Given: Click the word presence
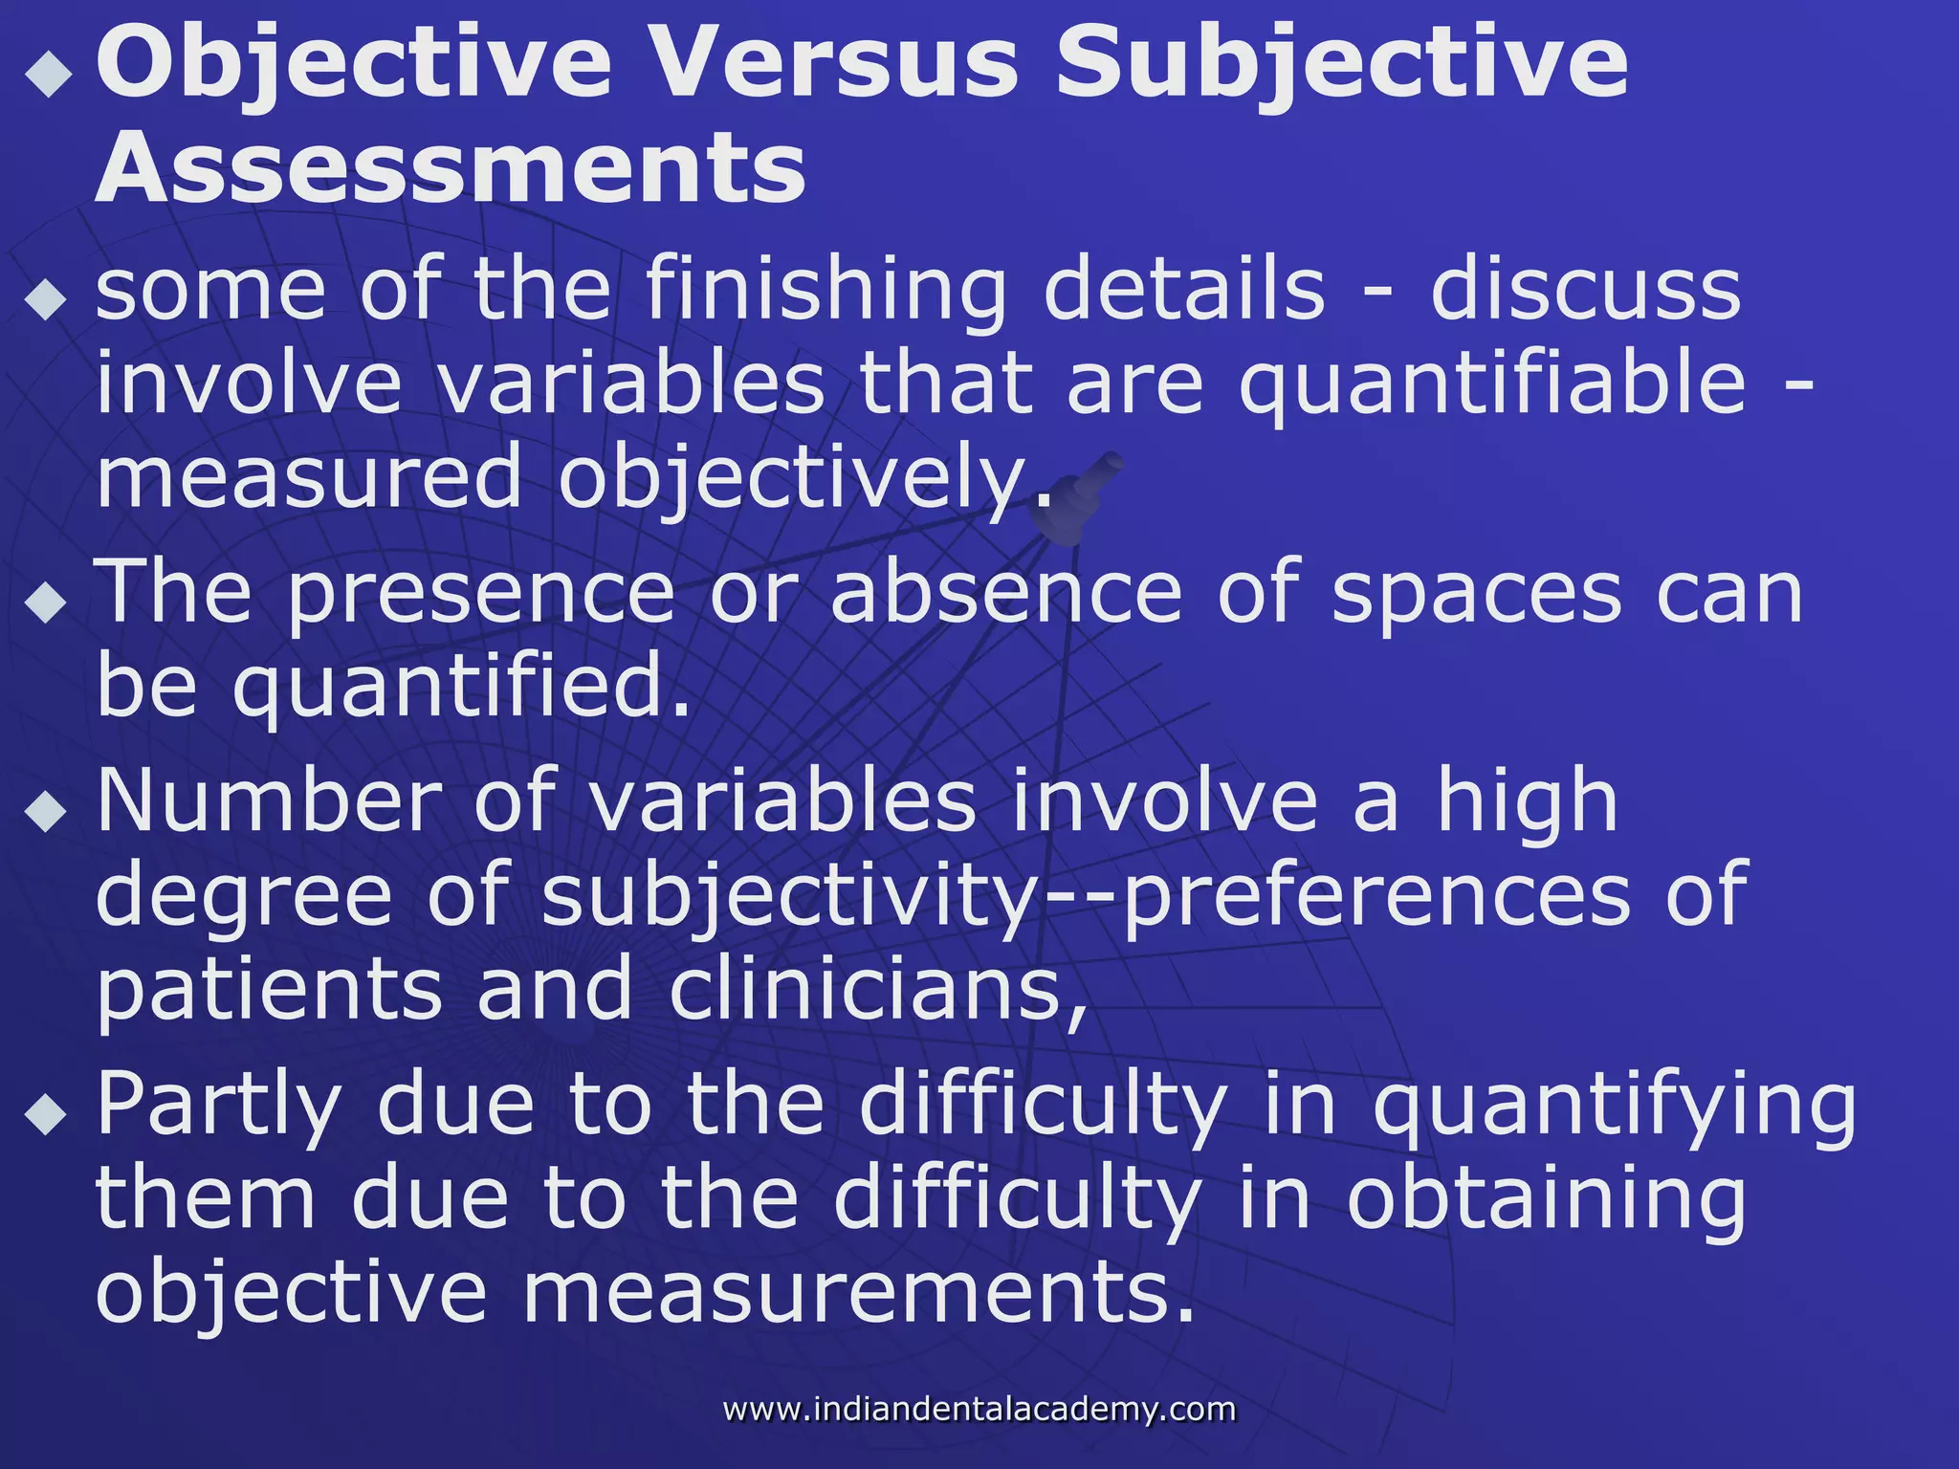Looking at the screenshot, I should pyautogui.click(x=481, y=595).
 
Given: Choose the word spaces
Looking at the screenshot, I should pyautogui.click(x=1477, y=595).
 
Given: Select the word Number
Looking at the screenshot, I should pyautogui.click(x=269, y=800).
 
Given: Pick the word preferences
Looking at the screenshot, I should pyautogui.click(x=1376, y=895).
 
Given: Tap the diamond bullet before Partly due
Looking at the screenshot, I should pyautogui.click(x=47, y=1111).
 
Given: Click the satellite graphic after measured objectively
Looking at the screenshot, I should pyautogui.click(x=1076, y=497).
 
